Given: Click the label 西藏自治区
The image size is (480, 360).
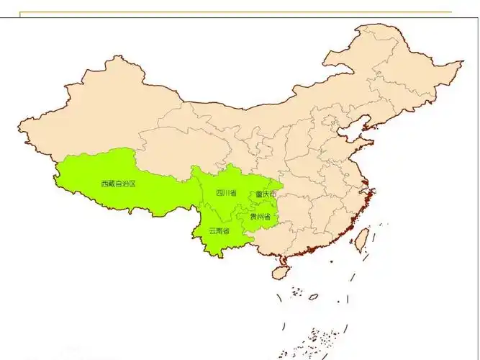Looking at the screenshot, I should click(x=119, y=184).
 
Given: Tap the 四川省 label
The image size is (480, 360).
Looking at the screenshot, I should click(x=226, y=193).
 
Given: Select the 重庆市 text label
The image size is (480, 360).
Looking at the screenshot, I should click(x=265, y=194).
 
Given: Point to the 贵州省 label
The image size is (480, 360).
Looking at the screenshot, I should click(x=260, y=216).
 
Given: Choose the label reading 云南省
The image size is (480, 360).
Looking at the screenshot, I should click(x=219, y=231).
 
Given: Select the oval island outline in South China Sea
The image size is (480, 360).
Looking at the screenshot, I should click(x=314, y=296).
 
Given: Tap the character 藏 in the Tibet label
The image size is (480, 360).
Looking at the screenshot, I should click(x=113, y=184).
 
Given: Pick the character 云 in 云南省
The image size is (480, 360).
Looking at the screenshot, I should click(x=212, y=231).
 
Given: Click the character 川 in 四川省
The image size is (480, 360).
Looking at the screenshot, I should click(x=226, y=193).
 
